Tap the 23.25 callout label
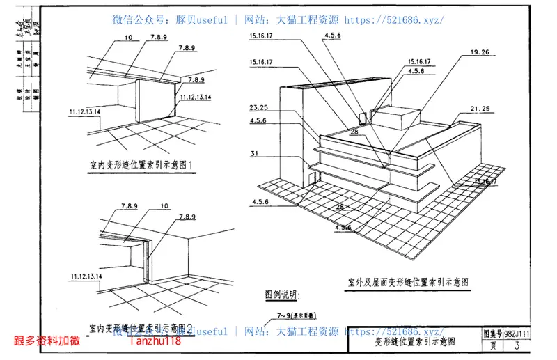[x=257, y=108]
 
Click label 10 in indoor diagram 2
[x=164, y=206]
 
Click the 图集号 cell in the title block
[x=492, y=334]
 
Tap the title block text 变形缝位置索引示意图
[x=414, y=341]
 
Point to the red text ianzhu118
[x=155, y=341]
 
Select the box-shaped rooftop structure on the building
[x=395, y=116]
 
